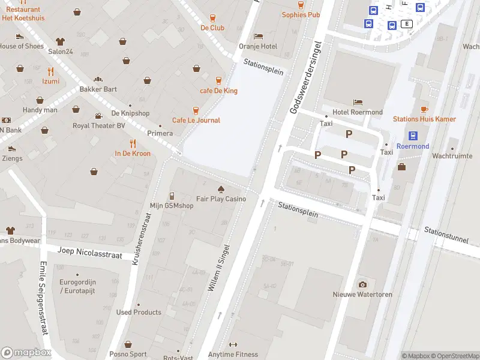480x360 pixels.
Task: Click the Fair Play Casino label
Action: pyautogui.click(x=221, y=199)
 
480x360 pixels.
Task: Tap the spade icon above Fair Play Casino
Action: pyautogui.click(x=221, y=188)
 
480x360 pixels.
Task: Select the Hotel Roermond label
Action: pyautogui.click(x=358, y=112)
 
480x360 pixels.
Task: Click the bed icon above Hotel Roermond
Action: pyautogui.click(x=358, y=102)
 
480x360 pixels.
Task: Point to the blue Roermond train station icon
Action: pyautogui.click(x=413, y=136)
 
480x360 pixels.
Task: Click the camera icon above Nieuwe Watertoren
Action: pyautogui.click(x=362, y=284)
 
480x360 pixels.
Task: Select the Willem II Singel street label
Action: pyautogui.click(x=218, y=268)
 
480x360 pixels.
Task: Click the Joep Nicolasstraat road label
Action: pyautogui.click(x=89, y=253)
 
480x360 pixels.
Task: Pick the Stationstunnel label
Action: pyautogui.click(x=446, y=235)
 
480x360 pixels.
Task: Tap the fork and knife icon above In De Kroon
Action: pyautogui.click(x=133, y=143)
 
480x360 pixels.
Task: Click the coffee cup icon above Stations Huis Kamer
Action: pyautogui.click(x=424, y=109)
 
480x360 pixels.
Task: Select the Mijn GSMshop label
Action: pyautogui.click(x=172, y=206)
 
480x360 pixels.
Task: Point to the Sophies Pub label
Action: pyautogui.click(x=301, y=15)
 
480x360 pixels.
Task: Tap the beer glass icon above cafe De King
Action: pyautogui.click(x=218, y=80)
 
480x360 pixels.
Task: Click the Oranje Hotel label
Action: pyautogui.click(x=258, y=46)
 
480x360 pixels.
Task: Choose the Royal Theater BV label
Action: pyautogui.click(x=98, y=126)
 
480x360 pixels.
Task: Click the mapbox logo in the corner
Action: pyautogui.click(x=26, y=353)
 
